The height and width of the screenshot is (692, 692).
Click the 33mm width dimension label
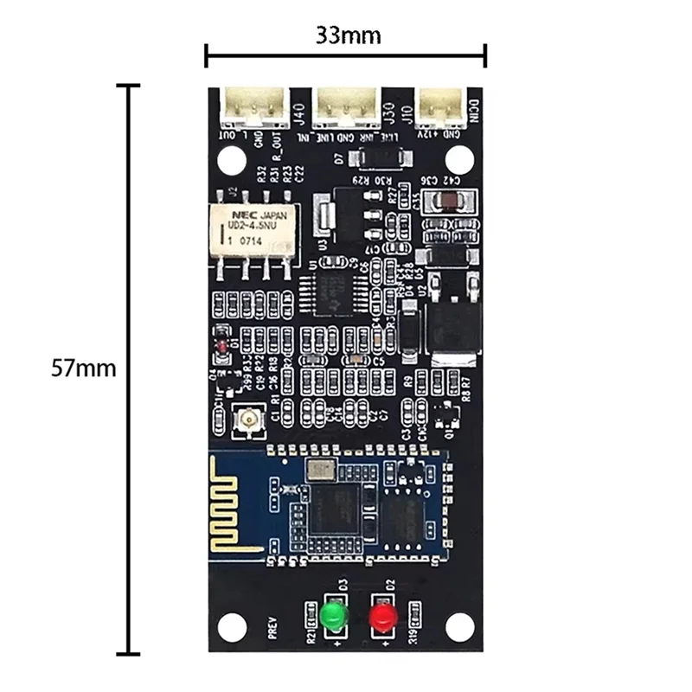coord(345,35)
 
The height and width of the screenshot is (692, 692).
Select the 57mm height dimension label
coord(83,368)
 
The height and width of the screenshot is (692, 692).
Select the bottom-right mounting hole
coord(461,624)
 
